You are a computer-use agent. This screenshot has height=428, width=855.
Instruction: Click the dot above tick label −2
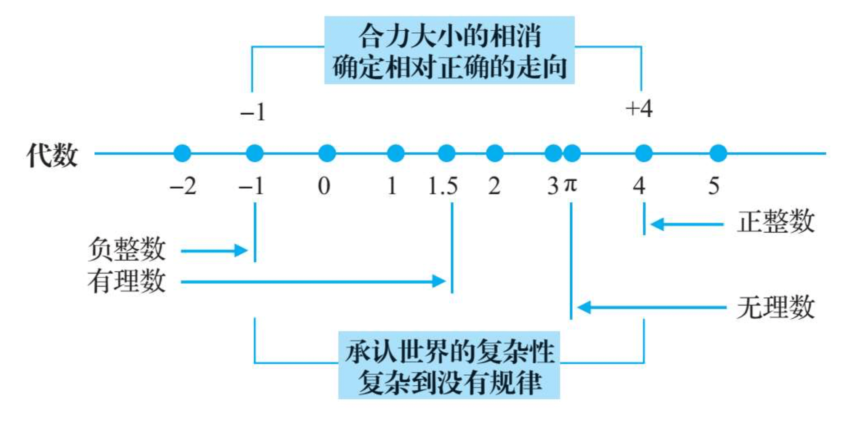click(182, 153)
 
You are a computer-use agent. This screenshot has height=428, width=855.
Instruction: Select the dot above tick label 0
click(327, 153)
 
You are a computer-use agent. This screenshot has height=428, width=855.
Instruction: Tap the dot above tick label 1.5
click(446, 153)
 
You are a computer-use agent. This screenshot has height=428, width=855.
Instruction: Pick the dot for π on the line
click(572, 153)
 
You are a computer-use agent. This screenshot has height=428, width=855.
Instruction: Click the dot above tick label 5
click(718, 153)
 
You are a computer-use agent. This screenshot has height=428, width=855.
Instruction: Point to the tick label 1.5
click(443, 186)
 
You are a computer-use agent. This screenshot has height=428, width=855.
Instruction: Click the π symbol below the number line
click(570, 185)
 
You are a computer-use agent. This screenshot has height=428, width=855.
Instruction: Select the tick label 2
click(494, 186)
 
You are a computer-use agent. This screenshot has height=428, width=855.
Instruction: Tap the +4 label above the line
click(639, 109)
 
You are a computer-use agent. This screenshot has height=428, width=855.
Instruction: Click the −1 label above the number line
click(253, 113)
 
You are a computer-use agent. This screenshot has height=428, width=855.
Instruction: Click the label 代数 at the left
click(52, 155)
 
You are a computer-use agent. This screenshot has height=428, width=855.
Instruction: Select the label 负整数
click(127, 249)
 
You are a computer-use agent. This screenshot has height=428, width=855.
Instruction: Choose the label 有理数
click(127, 281)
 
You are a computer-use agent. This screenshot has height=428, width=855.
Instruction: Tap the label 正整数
click(775, 222)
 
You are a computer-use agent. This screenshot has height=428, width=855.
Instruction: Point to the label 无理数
click(775, 308)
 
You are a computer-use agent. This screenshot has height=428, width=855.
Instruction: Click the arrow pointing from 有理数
click(313, 281)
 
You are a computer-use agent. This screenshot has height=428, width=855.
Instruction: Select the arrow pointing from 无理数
click(652, 308)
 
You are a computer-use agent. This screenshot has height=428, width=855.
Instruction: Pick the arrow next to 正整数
click(687, 225)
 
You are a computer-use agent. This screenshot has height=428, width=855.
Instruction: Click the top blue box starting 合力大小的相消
click(449, 50)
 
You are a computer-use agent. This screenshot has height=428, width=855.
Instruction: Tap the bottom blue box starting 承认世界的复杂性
click(449, 365)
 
